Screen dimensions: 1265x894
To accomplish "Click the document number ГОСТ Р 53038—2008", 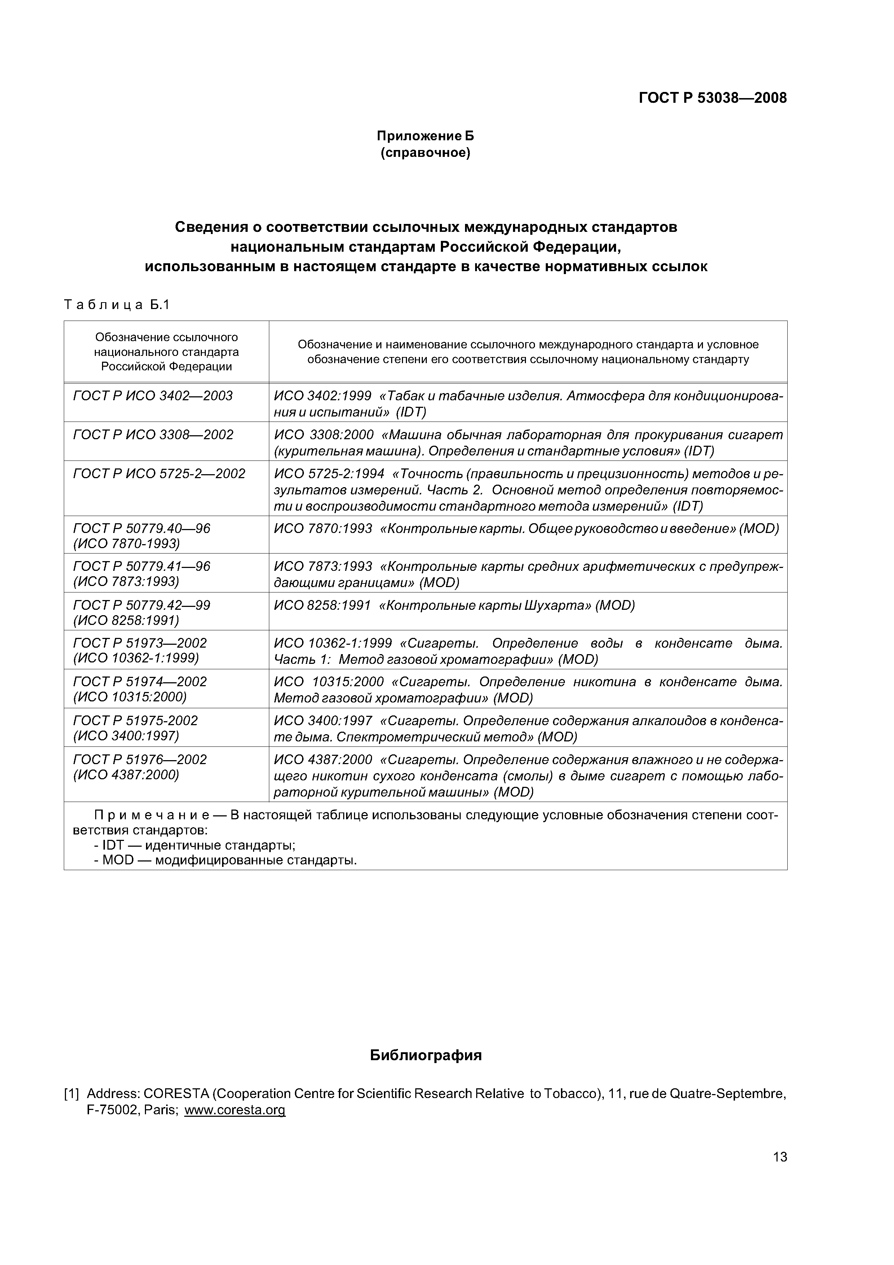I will click(712, 98).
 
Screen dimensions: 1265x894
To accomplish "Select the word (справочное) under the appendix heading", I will click(425, 153).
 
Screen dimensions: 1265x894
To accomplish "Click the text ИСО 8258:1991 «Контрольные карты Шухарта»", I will click(453, 605).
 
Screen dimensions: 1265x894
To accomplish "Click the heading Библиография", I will click(425, 1055).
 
